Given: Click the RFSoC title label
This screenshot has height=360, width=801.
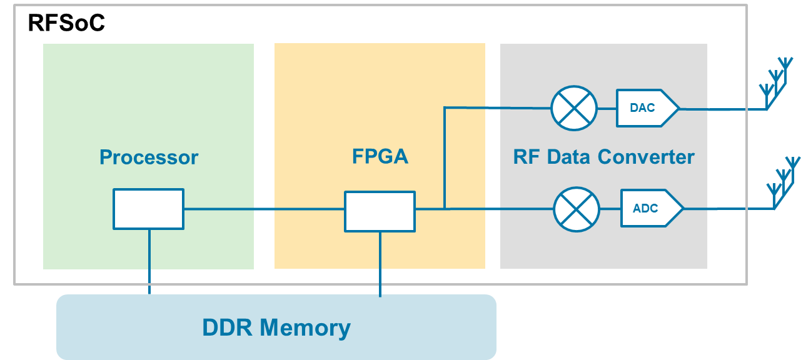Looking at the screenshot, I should pos(66,23).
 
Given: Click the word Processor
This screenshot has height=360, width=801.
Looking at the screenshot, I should pos(149,157).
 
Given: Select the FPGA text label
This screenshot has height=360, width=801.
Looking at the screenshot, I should pos(380,156).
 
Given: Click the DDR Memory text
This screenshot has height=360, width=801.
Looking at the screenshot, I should pos(276,327).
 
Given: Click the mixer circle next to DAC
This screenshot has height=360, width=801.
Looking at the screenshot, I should pos(574,108).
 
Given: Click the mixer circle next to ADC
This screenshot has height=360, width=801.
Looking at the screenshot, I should pos(577,209).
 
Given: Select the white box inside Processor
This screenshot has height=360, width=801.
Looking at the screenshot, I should pos(148,209).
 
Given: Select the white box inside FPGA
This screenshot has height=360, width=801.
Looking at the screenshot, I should pos(380,211).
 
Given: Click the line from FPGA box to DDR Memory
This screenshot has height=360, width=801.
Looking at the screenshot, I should pos(380,262).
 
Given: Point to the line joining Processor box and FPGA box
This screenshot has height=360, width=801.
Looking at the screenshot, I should pos(263,209).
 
